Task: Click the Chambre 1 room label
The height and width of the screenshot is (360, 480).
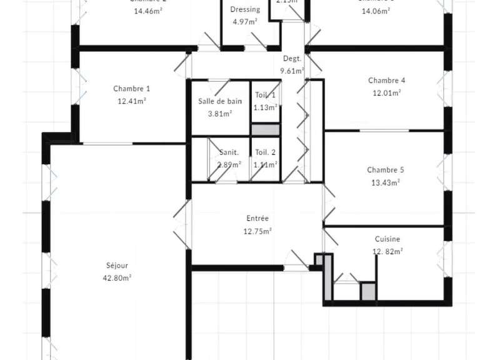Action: (x=131, y=89)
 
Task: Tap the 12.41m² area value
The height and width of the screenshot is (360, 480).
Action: (x=131, y=101)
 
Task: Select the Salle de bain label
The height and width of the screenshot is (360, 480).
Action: (x=220, y=102)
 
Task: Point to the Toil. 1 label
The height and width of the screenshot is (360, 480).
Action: (x=265, y=95)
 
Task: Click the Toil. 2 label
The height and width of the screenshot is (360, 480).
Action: (x=265, y=152)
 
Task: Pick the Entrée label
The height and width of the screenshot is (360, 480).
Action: (x=257, y=219)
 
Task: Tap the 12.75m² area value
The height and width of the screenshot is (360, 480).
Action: (x=257, y=231)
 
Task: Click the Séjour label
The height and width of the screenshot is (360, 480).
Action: (x=117, y=265)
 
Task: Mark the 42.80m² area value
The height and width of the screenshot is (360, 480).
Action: (x=117, y=277)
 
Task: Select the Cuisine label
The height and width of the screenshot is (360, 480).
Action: (x=387, y=239)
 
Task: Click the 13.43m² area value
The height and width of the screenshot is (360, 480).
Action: (x=386, y=182)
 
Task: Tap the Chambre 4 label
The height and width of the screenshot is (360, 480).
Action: (x=387, y=81)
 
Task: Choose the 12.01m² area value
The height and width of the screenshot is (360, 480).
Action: (x=387, y=93)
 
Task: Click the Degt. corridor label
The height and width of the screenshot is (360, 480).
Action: (x=292, y=59)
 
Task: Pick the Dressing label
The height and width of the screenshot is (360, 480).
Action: (x=245, y=9)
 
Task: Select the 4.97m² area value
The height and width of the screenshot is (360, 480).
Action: (x=245, y=22)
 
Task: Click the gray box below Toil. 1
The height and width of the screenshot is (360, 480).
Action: (x=265, y=130)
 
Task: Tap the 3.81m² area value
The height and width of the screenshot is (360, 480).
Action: (x=220, y=114)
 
